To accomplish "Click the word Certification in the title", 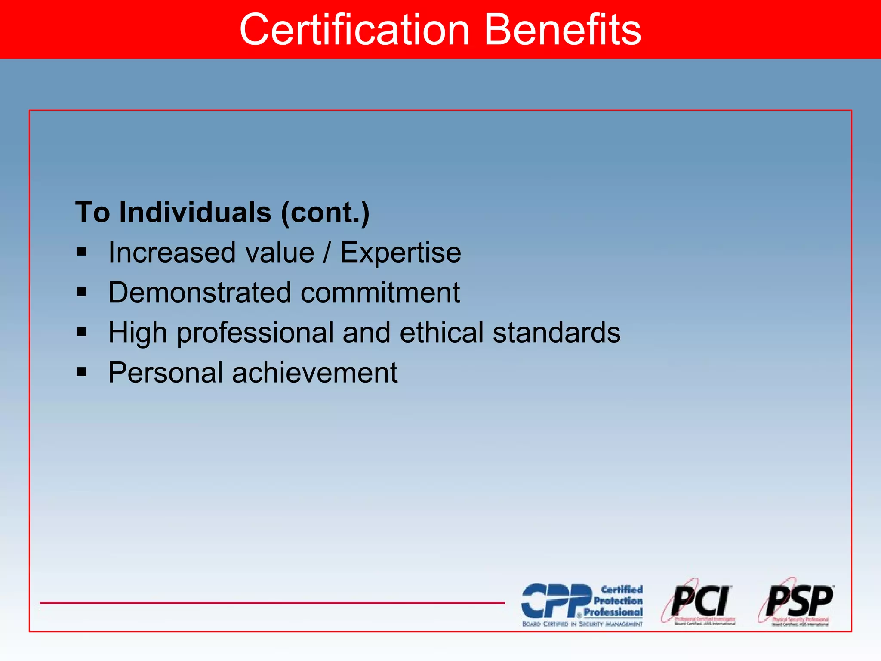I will click(x=354, y=30).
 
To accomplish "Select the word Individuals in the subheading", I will click(x=195, y=212).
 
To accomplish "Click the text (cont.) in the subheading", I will click(x=325, y=212).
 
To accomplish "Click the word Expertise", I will click(x=400, y=253).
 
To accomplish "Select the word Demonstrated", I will click(x=200, y=293).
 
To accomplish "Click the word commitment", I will click(x=380, y=293).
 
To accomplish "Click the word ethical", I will click(x=442, y=333).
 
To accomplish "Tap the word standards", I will click(x=557, y=333).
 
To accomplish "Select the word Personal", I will click(x=166, y=373).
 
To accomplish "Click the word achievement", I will click(x=315, y=373).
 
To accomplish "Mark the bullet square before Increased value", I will click(x=82, y=251).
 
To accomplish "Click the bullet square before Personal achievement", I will click(x=82, y=371).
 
